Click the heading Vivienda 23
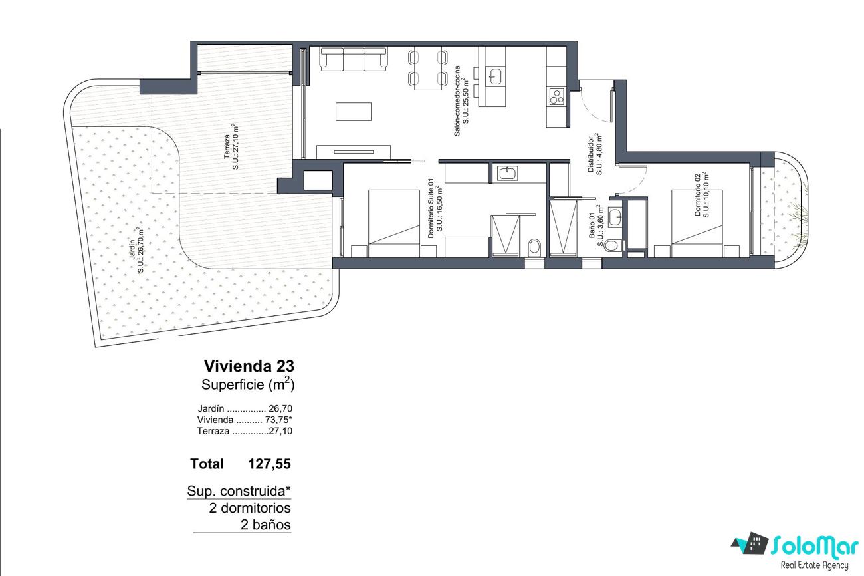(x=249, y=366)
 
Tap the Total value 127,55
(x=269, y=464)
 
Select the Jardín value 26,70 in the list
(x=280, y=408)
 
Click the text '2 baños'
(x=265, y=525)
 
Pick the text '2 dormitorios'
(x=249, y=508)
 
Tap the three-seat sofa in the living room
(x=354, y=59)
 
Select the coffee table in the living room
(x=354, y=112)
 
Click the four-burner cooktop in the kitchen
(x=556, y=96)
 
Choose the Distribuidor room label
(x=594, y=154)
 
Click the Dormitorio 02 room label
(x=702, y=195)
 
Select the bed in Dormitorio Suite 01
(x=394, y=223)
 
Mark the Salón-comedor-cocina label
(x=462, y=100)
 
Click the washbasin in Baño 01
(x=615, y=217)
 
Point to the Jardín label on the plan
(x=136, y=250)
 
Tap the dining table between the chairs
(x=428, y=69)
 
